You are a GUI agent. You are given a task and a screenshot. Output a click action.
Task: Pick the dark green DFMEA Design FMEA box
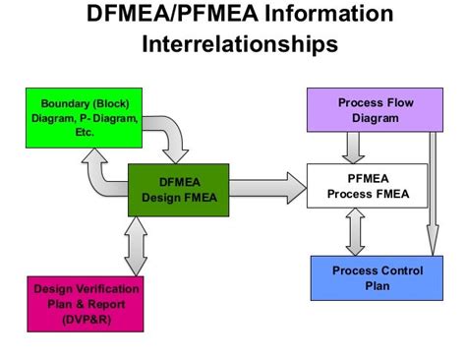(178, 190)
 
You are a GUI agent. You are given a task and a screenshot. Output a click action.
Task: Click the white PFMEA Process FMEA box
(367, 185)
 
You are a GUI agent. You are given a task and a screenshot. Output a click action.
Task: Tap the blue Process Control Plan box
(370, 278)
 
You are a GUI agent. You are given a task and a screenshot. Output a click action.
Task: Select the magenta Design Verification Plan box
(87, 304)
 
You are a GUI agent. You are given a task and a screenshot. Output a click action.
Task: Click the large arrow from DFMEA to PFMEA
(267, 186)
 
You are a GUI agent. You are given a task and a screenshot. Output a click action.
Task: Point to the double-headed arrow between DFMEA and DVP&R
(136, 246)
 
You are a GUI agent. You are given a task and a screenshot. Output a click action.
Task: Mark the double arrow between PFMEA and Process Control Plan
(356, 231)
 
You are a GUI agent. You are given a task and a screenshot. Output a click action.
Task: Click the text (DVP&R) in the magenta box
(87, 320)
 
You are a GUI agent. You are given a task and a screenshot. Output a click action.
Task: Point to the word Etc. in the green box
(85, 132)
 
